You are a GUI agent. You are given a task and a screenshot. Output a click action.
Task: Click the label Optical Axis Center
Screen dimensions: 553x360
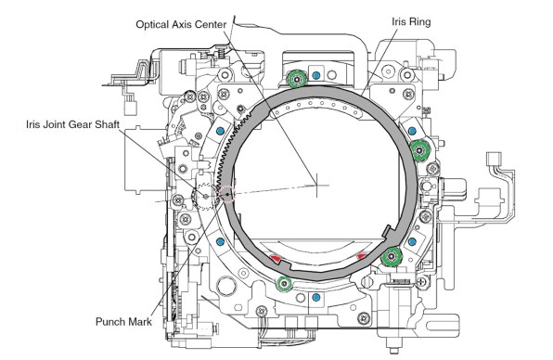coord(181,25)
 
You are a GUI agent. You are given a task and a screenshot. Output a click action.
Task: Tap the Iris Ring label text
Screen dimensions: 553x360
coord(411,22)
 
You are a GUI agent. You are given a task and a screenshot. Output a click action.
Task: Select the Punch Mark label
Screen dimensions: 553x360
coord(123,322)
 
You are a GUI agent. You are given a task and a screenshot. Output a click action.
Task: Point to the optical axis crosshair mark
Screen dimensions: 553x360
coord(316,186)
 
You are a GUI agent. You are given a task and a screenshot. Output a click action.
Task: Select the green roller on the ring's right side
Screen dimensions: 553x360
coord(419,150)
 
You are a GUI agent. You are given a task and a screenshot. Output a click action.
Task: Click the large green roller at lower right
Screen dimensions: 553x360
coord(392,256)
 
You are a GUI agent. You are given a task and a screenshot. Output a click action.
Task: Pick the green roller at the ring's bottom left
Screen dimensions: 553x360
coord(284,284)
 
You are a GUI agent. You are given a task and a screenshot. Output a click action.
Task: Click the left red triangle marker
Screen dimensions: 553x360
coord(275,259)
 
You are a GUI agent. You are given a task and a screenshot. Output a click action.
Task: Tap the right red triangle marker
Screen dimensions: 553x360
coord(362,256)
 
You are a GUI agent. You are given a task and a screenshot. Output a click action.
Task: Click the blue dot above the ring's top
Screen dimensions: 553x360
coord(316,75)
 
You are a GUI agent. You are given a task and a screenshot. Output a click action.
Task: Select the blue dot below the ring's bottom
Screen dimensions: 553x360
coord(316,297)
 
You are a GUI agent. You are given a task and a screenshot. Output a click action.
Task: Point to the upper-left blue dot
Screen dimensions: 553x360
coord(221,131)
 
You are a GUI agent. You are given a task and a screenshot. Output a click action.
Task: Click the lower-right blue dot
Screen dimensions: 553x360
coord(412,242)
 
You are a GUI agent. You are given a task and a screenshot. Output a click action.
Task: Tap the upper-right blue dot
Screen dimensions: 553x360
coord(412,131)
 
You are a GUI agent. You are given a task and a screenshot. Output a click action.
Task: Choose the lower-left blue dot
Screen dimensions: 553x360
coord(221,242)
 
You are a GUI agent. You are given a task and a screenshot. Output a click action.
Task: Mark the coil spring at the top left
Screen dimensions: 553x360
coord(222,53)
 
